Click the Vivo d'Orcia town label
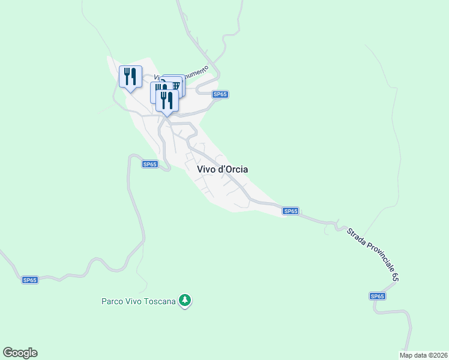(x=222, y=169)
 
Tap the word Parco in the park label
(x=112, y=301)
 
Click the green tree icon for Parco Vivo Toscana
(x=186, y=299)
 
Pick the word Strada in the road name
(x=355, y=238)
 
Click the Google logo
(x=20, y=353)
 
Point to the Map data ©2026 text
(x=423, y=355)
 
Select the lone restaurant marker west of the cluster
(x=130, y=76)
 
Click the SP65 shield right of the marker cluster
(x=220, y=94)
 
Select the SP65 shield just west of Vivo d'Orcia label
(x=150, y=164)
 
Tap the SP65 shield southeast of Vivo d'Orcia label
(x=291, y=211)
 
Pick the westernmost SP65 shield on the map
(x=30, y=280)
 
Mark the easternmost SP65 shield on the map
(x=377, y=296)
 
